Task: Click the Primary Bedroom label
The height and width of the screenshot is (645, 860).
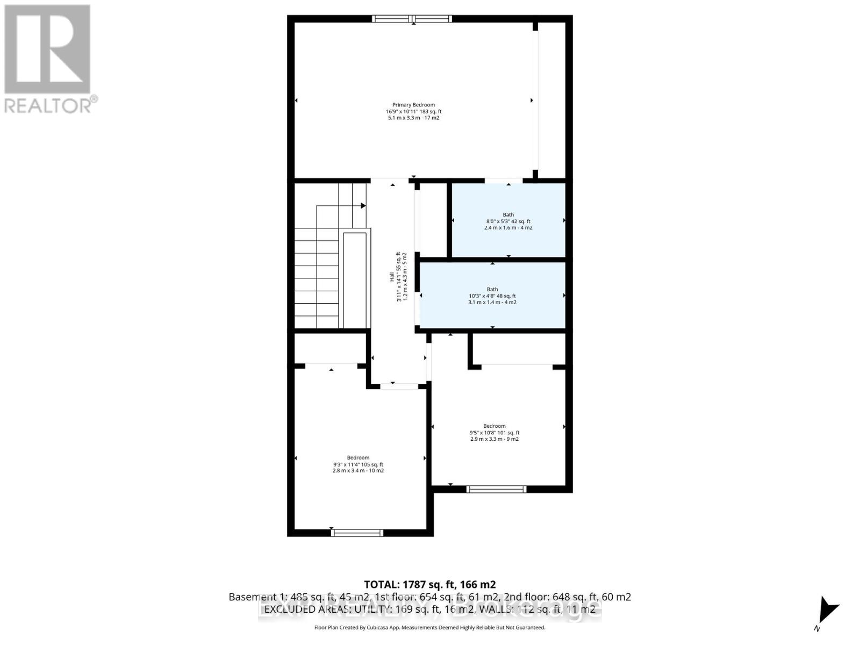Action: (413, 111)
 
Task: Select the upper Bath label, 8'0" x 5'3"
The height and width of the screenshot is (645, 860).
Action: (508, 221)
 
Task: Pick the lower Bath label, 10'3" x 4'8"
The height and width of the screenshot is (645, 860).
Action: (492, 296)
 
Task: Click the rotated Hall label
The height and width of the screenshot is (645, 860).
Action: (398, 276)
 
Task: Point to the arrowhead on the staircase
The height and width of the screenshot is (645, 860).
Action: (363, 205)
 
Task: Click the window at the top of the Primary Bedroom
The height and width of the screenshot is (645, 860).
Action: (412, 19)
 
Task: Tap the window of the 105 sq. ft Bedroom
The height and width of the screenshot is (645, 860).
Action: (357, 533)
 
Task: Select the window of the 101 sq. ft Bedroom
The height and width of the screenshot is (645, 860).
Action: (496, 489)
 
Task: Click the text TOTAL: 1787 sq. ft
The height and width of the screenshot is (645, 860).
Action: (429, 584)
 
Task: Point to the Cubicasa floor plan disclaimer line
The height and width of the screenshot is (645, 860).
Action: (429, 627)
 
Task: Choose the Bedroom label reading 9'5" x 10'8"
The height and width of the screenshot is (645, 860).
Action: (494, 432)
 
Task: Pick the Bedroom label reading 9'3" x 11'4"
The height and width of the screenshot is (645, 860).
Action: (358, 464)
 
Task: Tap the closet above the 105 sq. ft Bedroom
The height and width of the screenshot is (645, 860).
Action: (330, 348)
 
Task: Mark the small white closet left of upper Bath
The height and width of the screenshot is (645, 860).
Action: (433, 220)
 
